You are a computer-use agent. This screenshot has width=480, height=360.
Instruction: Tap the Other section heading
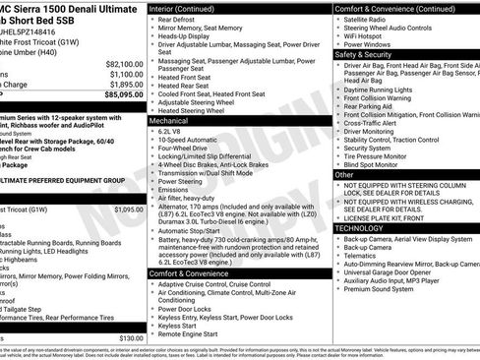344,174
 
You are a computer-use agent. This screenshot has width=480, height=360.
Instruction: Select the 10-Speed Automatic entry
190,141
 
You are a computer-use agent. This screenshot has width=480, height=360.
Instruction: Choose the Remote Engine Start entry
193,334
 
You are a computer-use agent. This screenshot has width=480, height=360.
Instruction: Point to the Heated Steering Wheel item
197,110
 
